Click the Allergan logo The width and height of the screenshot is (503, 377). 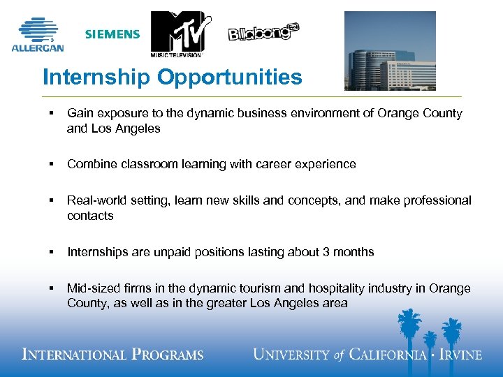pos(38,35)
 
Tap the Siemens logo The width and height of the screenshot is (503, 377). pos(112,34)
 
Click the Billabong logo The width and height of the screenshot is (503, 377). pos(264,32)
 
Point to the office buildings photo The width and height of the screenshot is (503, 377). pos(390,50)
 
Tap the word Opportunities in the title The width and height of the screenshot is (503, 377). pos(230,77)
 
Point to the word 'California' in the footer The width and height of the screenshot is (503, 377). pos(387,355)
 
